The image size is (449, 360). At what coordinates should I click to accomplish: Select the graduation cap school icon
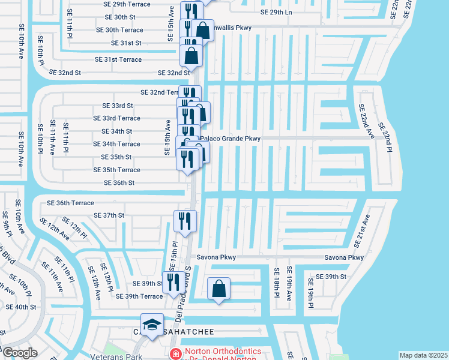(152, 325)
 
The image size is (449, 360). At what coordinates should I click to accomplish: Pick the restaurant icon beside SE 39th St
(173, 283)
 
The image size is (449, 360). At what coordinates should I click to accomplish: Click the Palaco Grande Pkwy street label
(231, 139)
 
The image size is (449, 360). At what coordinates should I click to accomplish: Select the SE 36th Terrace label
(67, 203)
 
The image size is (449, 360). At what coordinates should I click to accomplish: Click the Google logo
(20, 353)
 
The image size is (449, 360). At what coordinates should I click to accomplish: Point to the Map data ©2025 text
(423, 355)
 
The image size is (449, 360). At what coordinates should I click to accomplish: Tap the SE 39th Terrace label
(139, 296)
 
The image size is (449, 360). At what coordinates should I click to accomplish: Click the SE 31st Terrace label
(118, 59)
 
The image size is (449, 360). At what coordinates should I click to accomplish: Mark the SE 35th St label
(112, 157)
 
